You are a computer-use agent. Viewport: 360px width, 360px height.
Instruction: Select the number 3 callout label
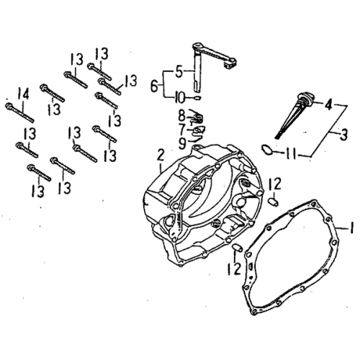pyautogui.click(x=344, y=134)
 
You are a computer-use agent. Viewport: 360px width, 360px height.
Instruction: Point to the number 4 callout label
pyautogui.click(x=328, y=105)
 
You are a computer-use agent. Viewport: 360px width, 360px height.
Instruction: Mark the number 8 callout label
pyautogui.click(x=182, y=114)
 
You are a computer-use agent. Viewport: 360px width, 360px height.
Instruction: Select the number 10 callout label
pyautogui.click(x=179, y=96)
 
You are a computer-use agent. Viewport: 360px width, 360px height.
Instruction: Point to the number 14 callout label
pyautogui.click(x=23, y=93)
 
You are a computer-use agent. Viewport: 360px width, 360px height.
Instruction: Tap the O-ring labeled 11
pyautogui.click(x=266, y=150)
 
